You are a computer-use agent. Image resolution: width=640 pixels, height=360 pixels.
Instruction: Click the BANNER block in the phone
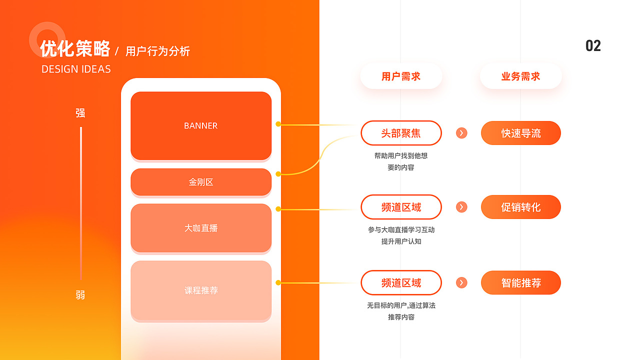tap(201, 125)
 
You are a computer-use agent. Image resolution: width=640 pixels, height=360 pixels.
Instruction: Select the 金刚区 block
tap(201, 182)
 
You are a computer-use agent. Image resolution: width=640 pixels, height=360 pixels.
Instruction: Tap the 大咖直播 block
tap(201, 228)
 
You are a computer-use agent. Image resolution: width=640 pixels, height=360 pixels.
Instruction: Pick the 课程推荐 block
tap(201, 290)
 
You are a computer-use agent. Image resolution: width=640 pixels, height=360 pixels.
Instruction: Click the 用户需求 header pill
tap(401, 76)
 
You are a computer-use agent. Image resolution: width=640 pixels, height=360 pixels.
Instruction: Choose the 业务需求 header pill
tap(521, 76)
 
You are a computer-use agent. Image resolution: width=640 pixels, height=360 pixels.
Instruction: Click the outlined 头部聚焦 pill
tap(401, 133)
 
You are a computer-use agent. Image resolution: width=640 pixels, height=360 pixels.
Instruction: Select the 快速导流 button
tap(521, 133)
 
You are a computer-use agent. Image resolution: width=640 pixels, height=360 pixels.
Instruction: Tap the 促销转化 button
tap(521, 207)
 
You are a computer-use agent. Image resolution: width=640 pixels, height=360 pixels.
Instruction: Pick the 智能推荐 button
tap(521, 283)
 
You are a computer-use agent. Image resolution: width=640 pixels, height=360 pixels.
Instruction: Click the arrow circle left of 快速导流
tap(461, 133)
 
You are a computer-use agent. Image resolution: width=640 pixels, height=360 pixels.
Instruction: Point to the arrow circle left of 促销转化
tap(461, 207)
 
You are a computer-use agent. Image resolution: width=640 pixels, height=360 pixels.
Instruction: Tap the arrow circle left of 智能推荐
tap(461, 283)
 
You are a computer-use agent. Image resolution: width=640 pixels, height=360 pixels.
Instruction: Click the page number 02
tap(593, 46)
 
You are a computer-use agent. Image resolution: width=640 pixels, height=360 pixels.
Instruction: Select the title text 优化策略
tap(75, 49)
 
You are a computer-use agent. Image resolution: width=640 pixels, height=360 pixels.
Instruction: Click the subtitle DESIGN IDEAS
tap(76, 69)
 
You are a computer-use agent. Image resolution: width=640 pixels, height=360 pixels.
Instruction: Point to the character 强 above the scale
tap(80, 113)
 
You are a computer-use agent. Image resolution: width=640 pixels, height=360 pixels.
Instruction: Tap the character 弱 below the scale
tap(80, 295)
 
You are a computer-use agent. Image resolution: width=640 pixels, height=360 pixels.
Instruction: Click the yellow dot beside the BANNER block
tap(278, 124)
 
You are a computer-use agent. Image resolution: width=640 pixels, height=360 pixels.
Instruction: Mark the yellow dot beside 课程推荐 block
tap(278, 283)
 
